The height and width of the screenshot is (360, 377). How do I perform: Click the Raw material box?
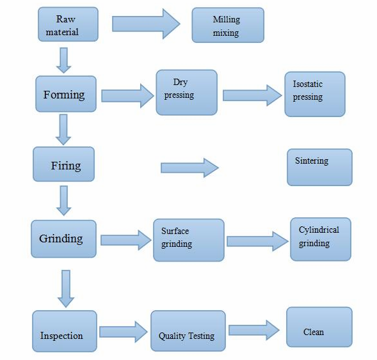point(68,24)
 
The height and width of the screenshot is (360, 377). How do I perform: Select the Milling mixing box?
point(228,25)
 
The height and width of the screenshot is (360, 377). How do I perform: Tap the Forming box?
point(66,94)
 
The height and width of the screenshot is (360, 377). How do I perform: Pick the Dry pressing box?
point(186,93)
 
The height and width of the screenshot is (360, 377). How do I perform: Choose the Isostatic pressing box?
point(315,95)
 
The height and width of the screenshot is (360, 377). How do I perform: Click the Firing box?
point(64,164)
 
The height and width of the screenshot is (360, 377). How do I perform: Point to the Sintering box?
point(320,168)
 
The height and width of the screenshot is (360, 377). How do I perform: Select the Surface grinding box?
point(189,240)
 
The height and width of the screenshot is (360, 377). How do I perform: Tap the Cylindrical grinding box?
point(321,239)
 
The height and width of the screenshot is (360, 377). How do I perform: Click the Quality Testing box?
point(188,331)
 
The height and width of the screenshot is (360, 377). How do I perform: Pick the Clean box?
point(319,327)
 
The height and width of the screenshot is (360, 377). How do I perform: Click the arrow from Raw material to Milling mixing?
point(146,24)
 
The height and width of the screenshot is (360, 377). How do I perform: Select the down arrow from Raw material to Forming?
point(64,60)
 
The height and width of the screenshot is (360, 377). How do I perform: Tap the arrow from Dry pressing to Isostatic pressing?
point(252,95)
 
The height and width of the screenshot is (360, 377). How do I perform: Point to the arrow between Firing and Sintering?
point(189,168)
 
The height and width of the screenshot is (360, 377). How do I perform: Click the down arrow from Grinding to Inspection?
point(66,288)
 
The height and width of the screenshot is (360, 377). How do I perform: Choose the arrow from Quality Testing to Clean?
point(254,330)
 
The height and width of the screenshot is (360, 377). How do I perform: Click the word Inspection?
point(61,336)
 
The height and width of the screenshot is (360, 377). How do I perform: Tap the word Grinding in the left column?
point(61,239)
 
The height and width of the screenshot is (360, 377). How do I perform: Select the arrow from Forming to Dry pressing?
point(127,96)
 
